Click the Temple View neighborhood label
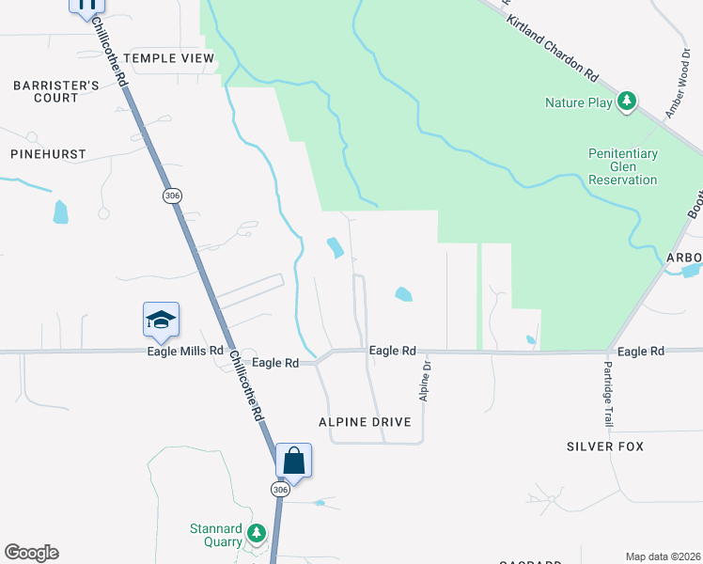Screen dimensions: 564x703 coord(169,58)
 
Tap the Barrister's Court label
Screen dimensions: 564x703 coord(56,91)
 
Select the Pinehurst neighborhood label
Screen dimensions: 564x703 coord(48,153)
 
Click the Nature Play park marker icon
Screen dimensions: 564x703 coord(627,102)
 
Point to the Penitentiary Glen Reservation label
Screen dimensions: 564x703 coord(623,166)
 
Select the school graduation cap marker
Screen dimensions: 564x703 coord(161,320)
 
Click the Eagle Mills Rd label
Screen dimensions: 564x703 coord(185,351)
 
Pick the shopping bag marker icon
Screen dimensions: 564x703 coord(293,461)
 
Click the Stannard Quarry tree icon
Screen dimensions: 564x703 coord(256,534)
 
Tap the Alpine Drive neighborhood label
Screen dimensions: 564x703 coord(365,422)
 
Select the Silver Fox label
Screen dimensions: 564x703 coord(605,446)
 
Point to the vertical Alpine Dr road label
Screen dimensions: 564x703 coord(425,382)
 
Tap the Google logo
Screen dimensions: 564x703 coord(31,553)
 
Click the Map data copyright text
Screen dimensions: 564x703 coord(663,556)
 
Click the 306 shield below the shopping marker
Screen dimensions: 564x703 coord(280,490)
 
